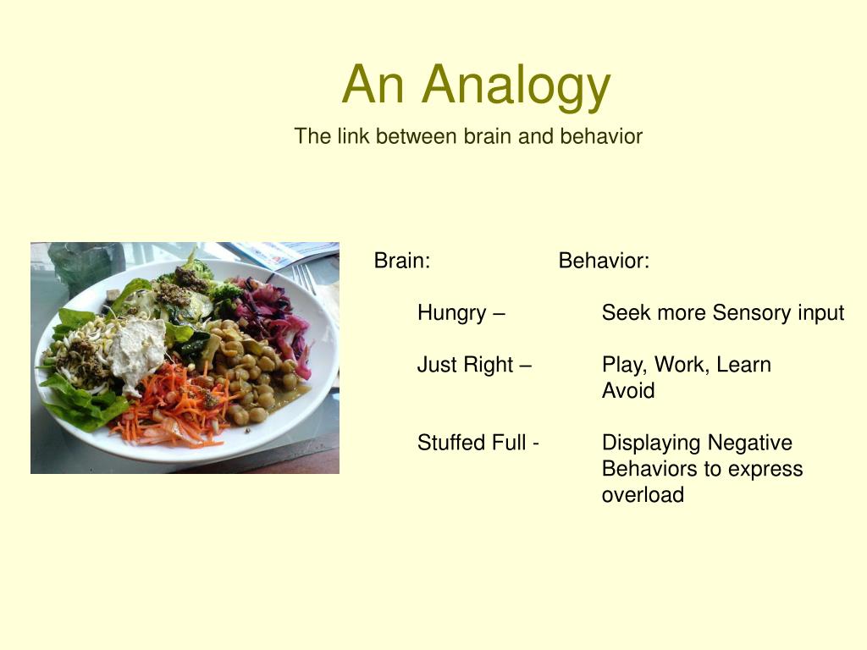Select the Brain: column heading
(402, 260)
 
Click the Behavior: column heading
(604, 260)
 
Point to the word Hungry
(452, 313)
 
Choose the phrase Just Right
(465, 365)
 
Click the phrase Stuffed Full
(471, 442)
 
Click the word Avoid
(628, 390)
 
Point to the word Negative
(749, 443)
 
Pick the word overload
(643, 494)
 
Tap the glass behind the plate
(86, 265)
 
